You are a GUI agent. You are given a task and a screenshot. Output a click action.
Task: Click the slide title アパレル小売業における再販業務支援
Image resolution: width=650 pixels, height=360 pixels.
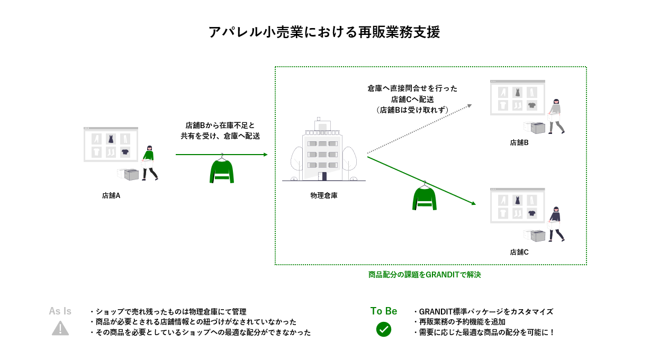pyautogui.click(x=324, y=32)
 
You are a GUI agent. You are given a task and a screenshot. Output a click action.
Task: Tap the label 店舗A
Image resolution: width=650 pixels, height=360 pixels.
pyautogui.click(x=111, y=195)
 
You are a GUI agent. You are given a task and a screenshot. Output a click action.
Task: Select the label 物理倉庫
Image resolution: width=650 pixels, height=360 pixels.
pyautogui.click(x=323, y=195)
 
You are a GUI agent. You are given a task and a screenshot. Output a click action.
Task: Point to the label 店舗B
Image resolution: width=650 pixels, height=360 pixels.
pyautogui.click(x=519, y=142)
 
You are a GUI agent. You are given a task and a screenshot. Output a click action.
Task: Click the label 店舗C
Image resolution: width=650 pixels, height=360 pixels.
pyautogui.click(x=519, y=252)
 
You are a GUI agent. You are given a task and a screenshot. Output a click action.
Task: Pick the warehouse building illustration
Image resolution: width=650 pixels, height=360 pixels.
pyautogui.click(x=323, y=151)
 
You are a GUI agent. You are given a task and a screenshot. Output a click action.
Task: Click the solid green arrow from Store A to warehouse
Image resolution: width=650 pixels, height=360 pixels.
pyautogui.click(x=221, y=155)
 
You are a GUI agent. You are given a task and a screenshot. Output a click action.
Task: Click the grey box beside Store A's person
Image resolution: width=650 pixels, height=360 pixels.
pyautogui.click(x=129, y=175)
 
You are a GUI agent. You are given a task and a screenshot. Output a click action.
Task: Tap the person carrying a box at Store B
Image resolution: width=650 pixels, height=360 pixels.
pyautogui.click(x=555, y=116)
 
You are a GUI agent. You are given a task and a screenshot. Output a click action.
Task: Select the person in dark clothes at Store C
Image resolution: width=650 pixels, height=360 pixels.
pyautogui.click(x=556, y=224)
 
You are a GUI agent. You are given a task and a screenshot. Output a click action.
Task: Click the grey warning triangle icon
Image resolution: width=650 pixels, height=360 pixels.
pyautogui.click(x=60, y=329)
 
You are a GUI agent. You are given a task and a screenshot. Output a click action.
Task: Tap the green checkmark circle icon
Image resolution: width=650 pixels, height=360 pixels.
pyautogui.click(x=383, y=329)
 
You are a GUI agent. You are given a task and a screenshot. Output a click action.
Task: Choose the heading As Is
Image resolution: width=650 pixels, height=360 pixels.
pyautogui.click(x=60, y=311)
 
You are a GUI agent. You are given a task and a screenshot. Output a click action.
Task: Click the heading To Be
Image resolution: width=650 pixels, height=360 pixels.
pyautogui.click(x=383, y=311)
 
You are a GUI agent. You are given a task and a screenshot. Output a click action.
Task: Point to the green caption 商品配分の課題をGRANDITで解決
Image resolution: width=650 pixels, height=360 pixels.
pyautogui.click(x=425, y=275)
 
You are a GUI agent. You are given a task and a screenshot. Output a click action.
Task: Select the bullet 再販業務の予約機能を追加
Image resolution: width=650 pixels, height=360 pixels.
pyautogui.click(x=459, y=322)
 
